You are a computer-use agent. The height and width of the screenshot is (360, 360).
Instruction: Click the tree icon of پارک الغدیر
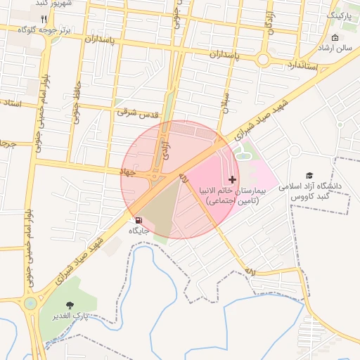(x=69, y=304)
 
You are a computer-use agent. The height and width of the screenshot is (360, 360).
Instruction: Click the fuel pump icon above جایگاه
(x=138, y=220)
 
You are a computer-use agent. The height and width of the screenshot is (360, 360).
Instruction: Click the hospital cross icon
(x=233, y=180)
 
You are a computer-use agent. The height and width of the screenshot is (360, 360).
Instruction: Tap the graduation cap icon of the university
(x=309, y=175)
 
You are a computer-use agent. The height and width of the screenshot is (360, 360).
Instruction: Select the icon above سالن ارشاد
(x=335, y=37)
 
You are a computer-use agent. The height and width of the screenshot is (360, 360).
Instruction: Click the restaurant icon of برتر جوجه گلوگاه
(x=44, y=19)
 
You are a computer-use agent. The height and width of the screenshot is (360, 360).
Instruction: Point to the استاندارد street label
(x=304, y=65)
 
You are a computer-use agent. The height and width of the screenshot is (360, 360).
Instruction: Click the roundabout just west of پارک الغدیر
(x=30, y=304)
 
